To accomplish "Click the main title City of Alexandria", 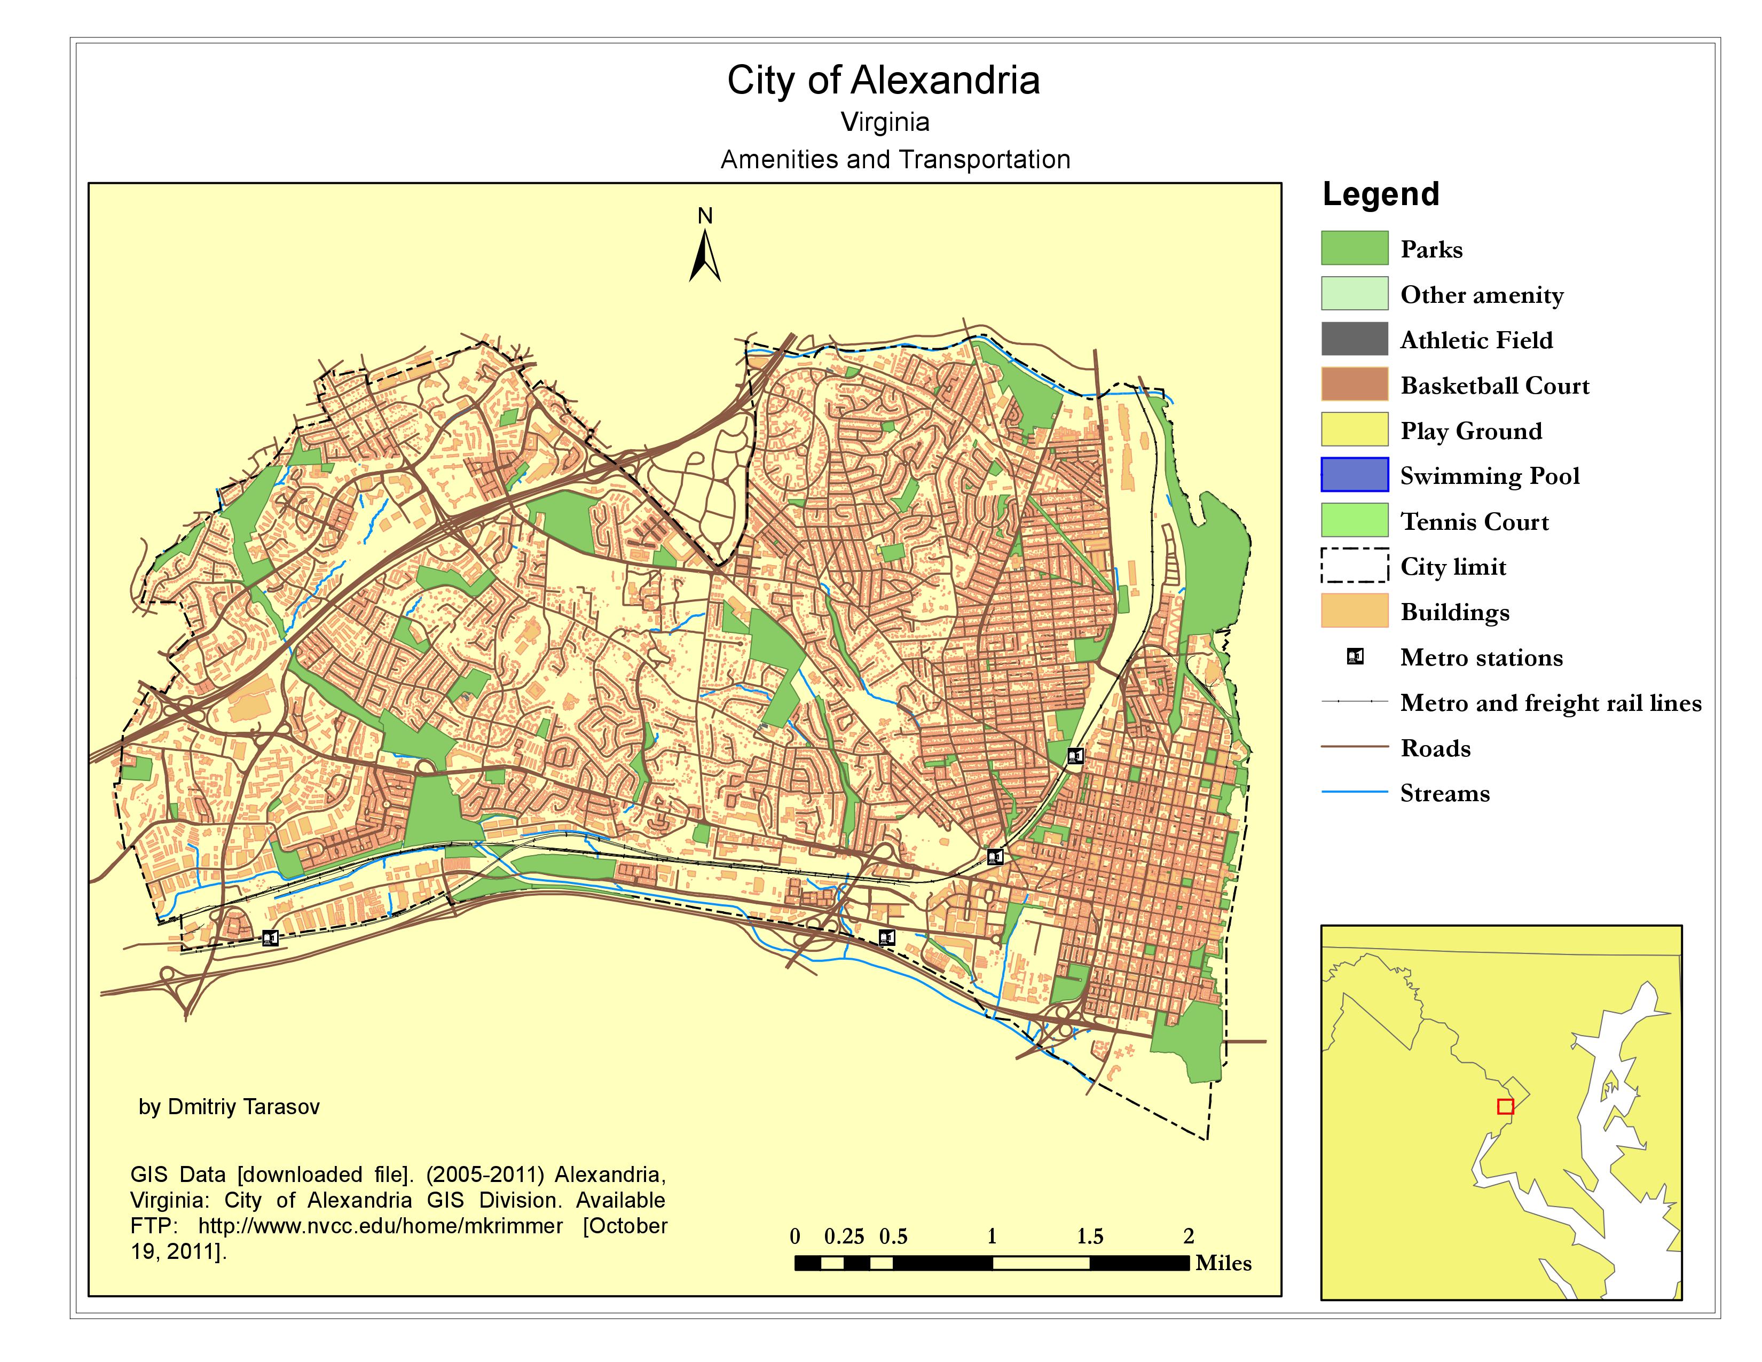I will [884, 81].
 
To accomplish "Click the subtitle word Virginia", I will [885, 123].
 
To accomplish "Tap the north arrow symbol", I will [705, 256].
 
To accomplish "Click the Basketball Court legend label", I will [1494, 386].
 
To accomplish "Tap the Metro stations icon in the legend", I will [1355, 657].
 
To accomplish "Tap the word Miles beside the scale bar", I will [1223, 1264].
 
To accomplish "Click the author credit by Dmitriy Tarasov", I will [229, 1107].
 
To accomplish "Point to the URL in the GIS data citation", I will [380, 1226].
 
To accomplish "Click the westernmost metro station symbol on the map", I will [270, 937].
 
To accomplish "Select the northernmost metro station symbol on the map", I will [1075, 756].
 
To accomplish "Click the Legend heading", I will [1380, 194].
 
